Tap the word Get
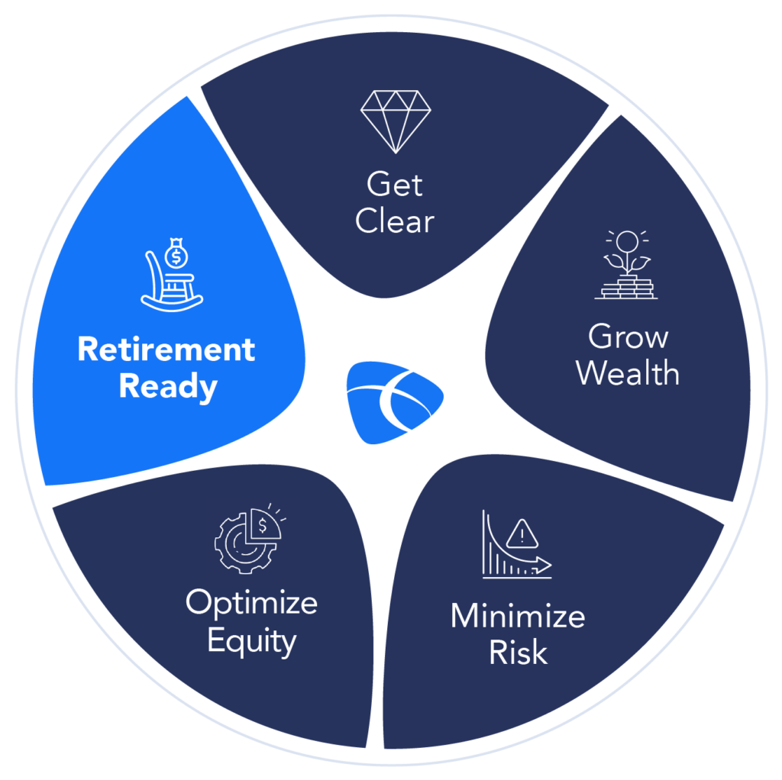[x=394, y=185]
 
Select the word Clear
[x=394, y=221]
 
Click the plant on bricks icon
[x=625, y=265]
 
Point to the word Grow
[x=628, y=337]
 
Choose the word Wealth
[x=628, y=373]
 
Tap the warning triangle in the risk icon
[x=522, y=532]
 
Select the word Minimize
[x=518, y=617]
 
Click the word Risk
[x=518, y=653]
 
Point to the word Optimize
[x=251, y=603]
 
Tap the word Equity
[x=251, y=641]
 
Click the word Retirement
[x=166, y=350]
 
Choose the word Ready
[x=168, y=387]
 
